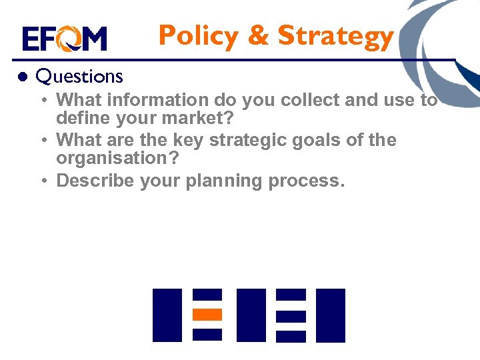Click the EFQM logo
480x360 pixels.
pyautogui.click(x=64, y=39)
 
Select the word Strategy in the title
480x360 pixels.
pyautogui.click(x=335, y=37)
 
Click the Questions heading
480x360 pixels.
pyautogui.click(x=79, y=77)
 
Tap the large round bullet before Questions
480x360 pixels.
pyautogui.click(x=21, y=77)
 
